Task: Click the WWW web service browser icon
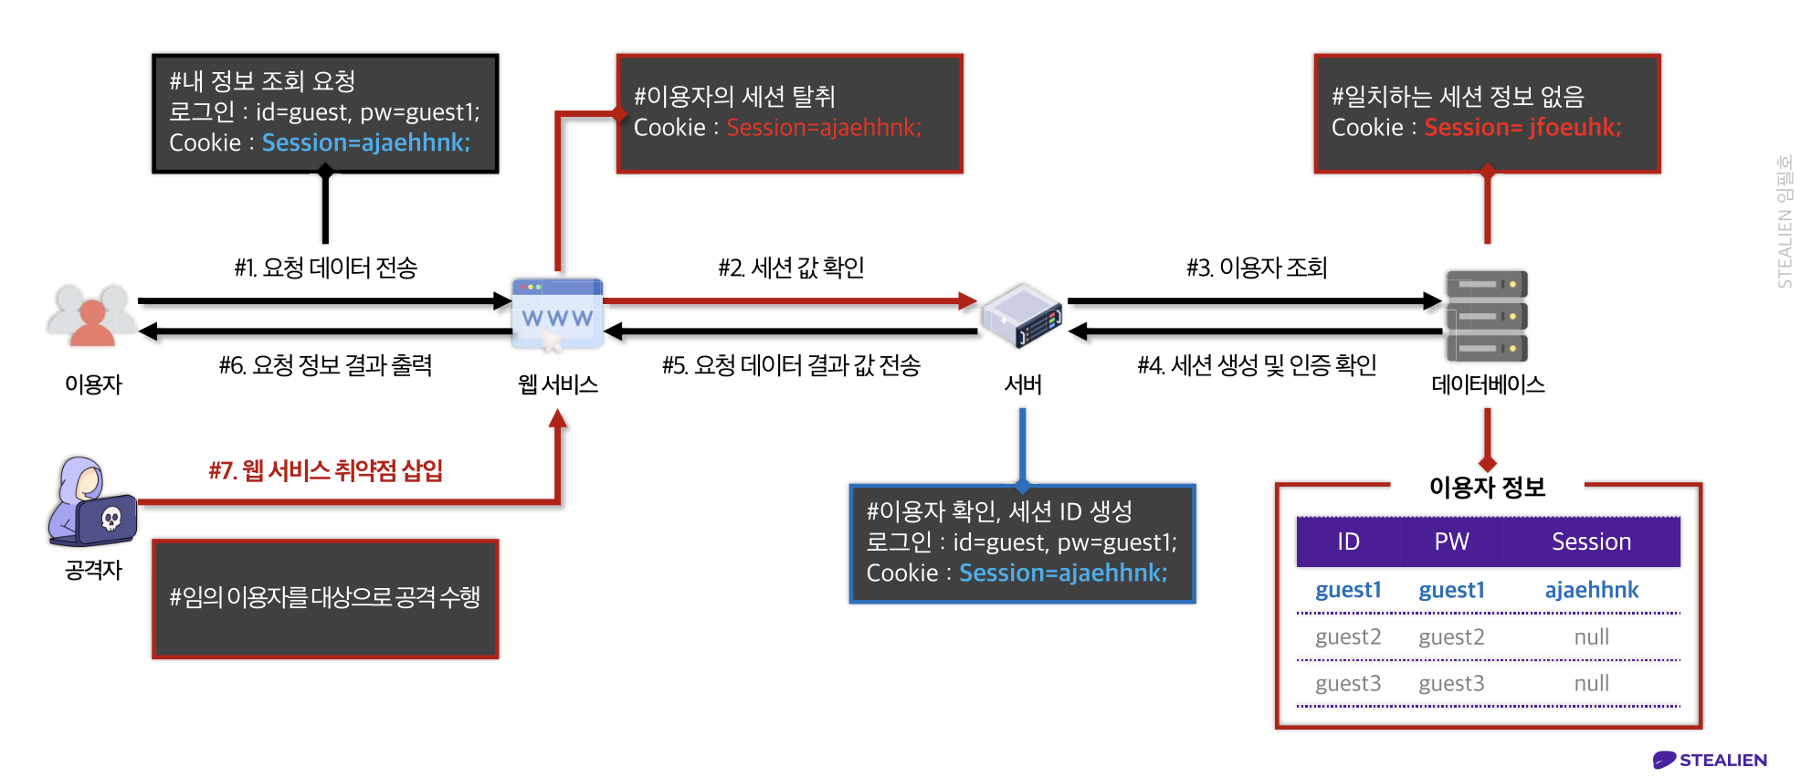(557, 313)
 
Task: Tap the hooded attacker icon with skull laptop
(91, 502)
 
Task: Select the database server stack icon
(1486, 316)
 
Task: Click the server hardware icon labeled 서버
(1022, 315)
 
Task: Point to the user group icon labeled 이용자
(91, 315)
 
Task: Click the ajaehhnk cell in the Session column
(1591, 590)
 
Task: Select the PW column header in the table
(1451, 541)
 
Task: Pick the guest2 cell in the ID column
(1348, 636)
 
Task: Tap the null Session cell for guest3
(1591, 683)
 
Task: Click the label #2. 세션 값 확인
(791, 268)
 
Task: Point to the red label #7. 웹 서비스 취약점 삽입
(325, 470)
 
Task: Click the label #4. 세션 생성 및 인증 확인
(1257, 365)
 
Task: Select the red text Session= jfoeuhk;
(1522, 127)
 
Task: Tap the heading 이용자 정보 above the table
(1487, 487)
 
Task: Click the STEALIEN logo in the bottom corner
(1710, 760)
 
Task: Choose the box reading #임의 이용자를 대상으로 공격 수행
(325, 598)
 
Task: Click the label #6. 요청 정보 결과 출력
(325, 365)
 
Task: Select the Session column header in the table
(1591, 541)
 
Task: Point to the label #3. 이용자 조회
(1257, 268)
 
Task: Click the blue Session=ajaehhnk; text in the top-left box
(365, 142)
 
